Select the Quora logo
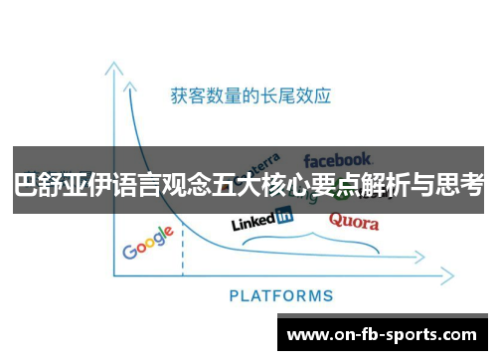click(353, 221)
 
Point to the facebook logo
click(338, 158)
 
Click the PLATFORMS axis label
click(281, 295)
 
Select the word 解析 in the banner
click(390, 184)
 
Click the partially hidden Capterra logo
click(261, 162)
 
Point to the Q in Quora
click(335, 220)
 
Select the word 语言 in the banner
click(142, 184)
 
